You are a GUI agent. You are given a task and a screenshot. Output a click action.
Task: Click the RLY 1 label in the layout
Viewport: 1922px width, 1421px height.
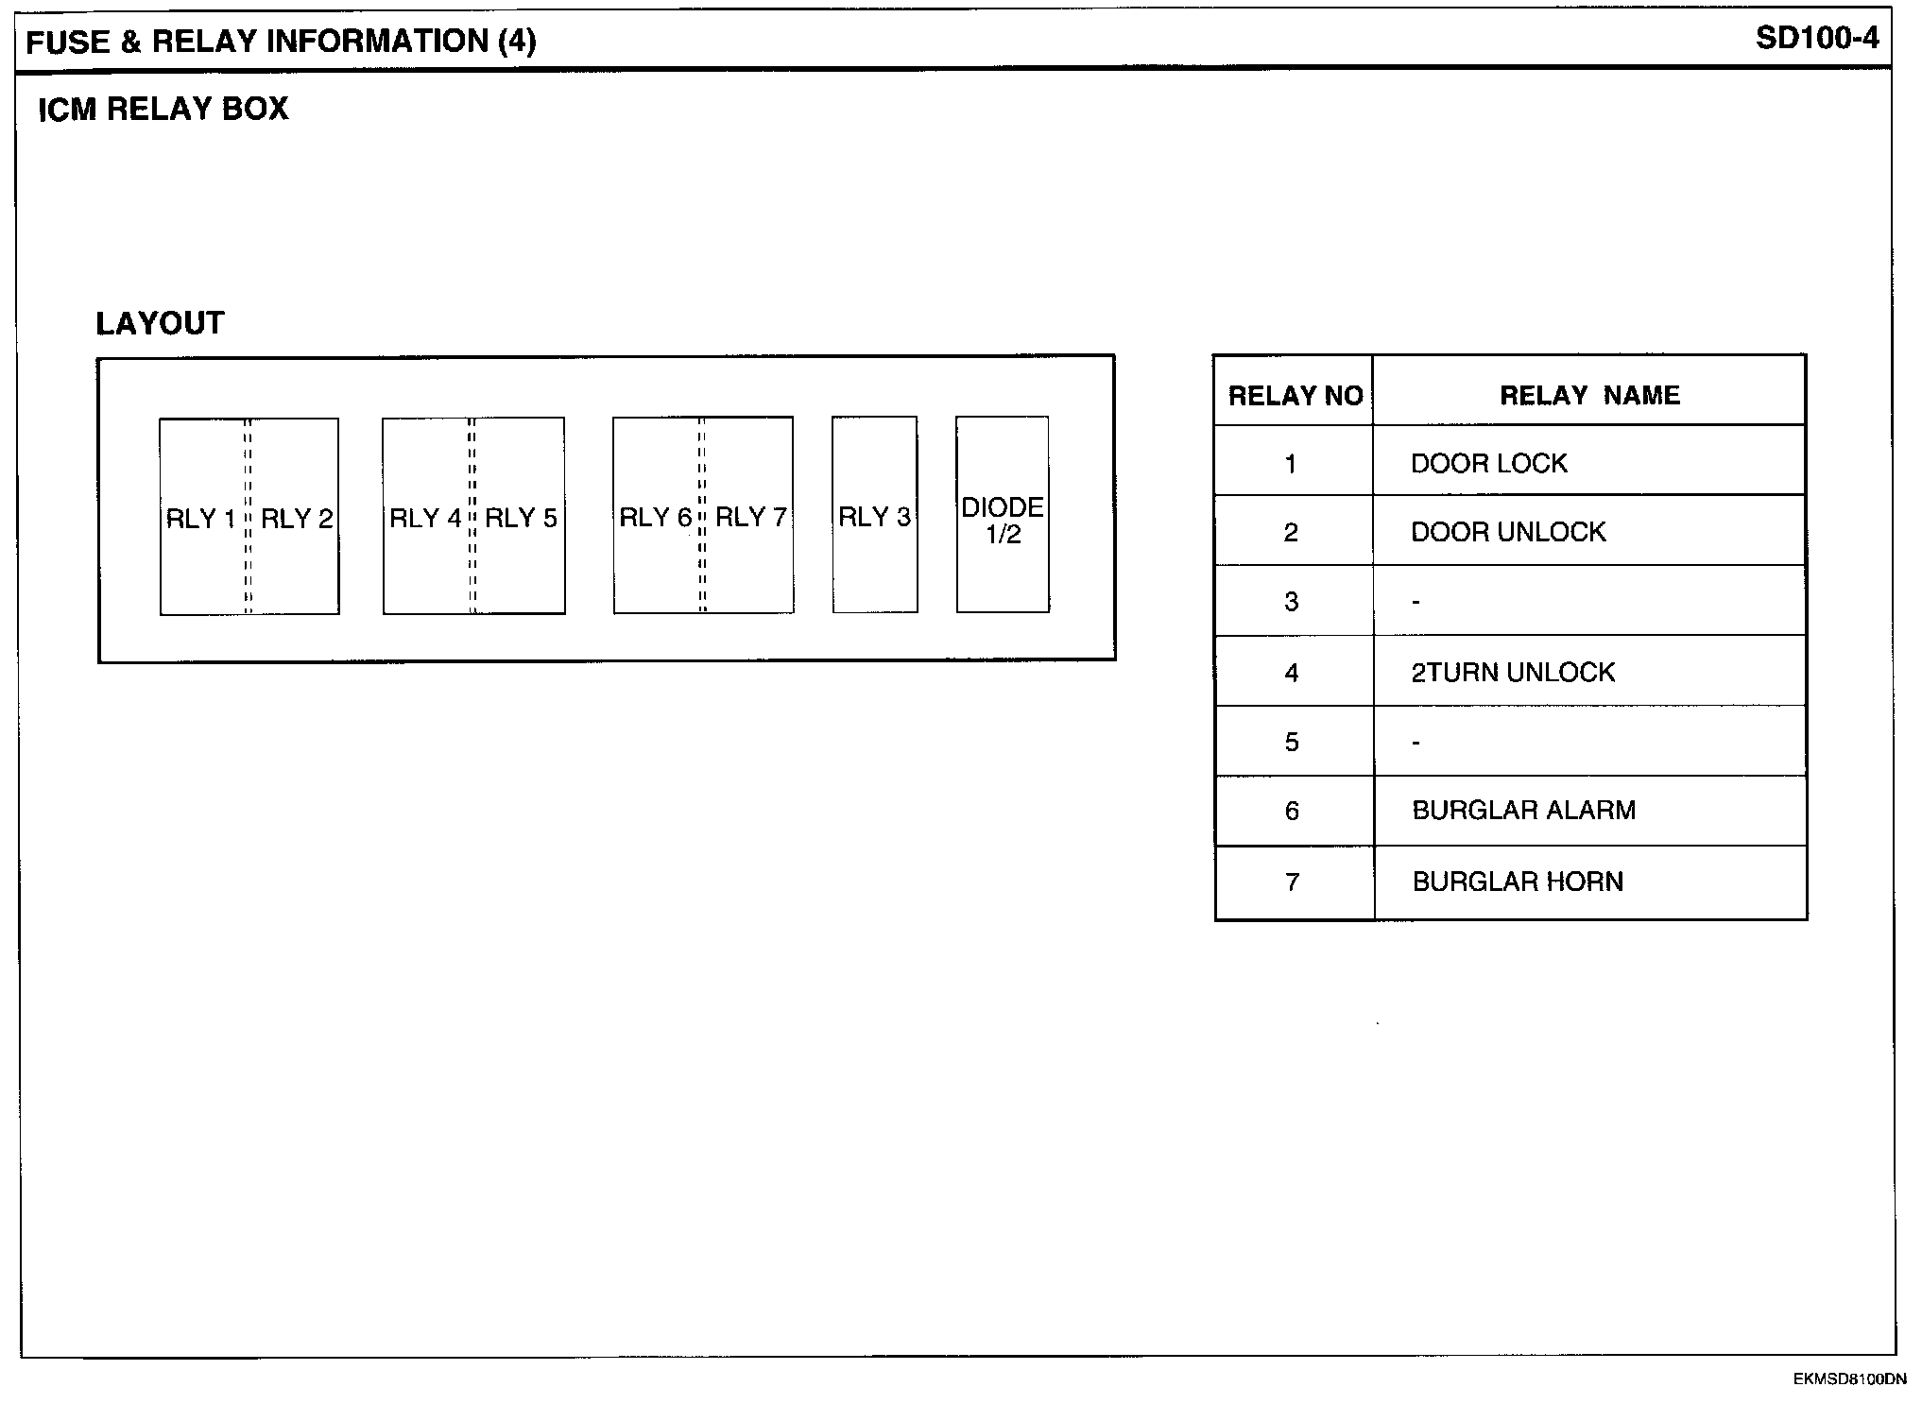[x=200, y=519]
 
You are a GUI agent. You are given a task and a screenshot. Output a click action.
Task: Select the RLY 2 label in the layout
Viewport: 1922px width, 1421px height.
[x=297, y=519]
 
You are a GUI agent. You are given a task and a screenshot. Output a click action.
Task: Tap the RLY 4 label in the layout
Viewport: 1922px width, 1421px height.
[x=425, y=518]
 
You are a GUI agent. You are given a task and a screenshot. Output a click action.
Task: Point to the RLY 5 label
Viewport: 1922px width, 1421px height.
[x=521, y=518]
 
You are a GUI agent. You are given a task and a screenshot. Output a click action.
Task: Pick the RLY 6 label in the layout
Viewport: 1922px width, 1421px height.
[x=656, y=517]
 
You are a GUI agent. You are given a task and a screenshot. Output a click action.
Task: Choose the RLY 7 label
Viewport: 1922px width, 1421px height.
[x=751, y=517]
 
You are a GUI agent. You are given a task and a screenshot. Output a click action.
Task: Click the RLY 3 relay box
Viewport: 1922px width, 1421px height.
[x=875, y=516]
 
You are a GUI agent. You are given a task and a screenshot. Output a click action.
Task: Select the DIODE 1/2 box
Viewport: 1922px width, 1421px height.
[x=1003, y=516]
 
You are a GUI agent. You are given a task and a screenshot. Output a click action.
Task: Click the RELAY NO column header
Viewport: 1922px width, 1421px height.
[x=1295, y=395]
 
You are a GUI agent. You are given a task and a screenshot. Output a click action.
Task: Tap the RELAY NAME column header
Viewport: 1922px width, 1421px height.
[x=1589, y=395]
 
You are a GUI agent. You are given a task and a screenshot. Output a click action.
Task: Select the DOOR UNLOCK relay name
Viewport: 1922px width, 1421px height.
[x=1508, y=532]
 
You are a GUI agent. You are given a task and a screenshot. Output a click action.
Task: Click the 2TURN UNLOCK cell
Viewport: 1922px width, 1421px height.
[x=1513, y=672]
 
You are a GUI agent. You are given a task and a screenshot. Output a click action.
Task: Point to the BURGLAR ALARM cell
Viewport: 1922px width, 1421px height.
[x=1523, y=810]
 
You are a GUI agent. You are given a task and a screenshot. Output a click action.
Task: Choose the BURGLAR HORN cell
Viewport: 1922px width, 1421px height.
[x=1518, y=882]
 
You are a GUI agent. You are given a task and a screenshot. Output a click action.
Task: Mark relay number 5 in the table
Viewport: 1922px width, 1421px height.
[x=1292, y=742]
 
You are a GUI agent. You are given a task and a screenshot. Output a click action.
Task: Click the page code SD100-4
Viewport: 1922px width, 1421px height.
[x=1817, y=38]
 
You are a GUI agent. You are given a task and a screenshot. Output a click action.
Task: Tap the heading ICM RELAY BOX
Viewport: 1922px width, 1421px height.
[x=163, y=109]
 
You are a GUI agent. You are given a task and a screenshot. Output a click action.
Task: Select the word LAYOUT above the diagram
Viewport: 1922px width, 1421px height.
[x=160, y=323]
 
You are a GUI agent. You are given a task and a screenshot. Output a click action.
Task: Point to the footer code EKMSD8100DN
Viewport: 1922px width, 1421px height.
[x=1849, y=1379]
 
